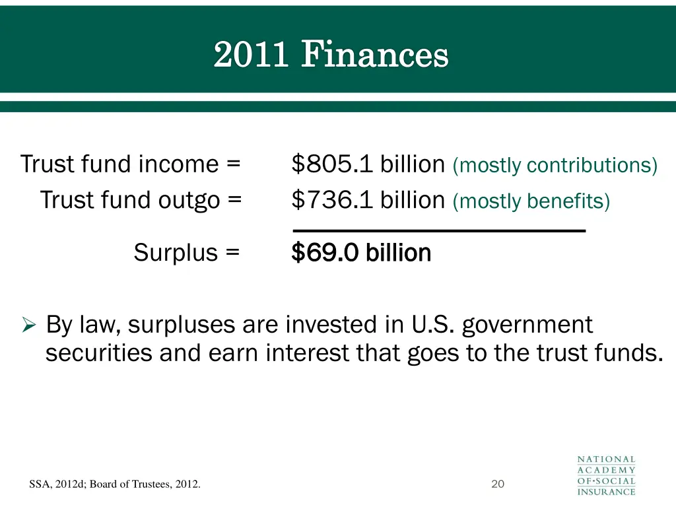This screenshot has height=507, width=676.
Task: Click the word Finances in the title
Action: (x=375, y=55)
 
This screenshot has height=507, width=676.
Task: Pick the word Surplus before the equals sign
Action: (x=176, y=252)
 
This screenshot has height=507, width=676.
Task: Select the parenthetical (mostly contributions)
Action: (x=555, y=165)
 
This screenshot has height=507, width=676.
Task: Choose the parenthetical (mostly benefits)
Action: (x=531, y=200)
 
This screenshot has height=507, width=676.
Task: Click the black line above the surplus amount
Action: (x=439, y=230)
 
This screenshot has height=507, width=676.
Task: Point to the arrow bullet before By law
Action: (x=28, y=325)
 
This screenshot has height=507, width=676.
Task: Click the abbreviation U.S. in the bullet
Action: (x=432, y=325)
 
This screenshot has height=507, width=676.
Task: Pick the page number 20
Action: (x=498, y=485)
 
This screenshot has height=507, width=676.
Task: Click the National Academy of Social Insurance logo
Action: (x=606, y=475)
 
